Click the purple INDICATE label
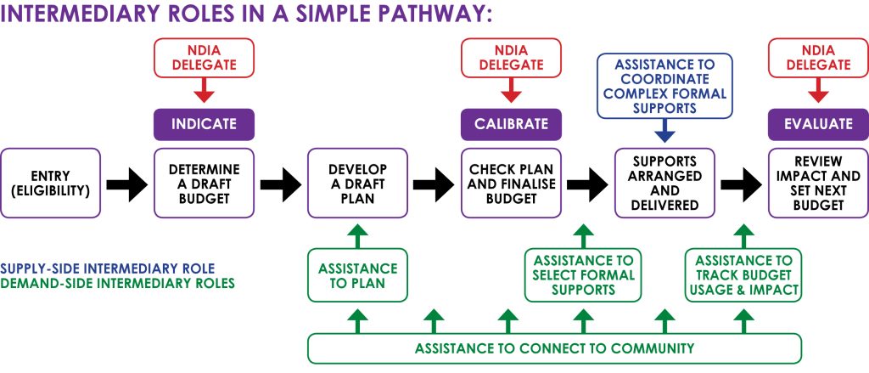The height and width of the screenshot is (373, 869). point(204,124)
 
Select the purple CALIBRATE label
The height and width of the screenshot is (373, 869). point(510,124)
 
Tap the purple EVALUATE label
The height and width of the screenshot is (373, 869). point(818,124)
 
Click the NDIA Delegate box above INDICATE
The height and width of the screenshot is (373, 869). point(204,57)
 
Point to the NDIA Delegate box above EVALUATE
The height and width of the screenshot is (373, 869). point(818,57)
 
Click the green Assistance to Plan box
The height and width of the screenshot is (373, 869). point(357,275)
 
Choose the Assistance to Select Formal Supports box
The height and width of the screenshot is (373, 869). point(583,275)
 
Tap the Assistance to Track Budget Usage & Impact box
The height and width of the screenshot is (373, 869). point(743,275)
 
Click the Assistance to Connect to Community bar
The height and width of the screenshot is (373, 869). point(554,348)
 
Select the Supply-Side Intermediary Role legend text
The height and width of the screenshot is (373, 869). point(108,268)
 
